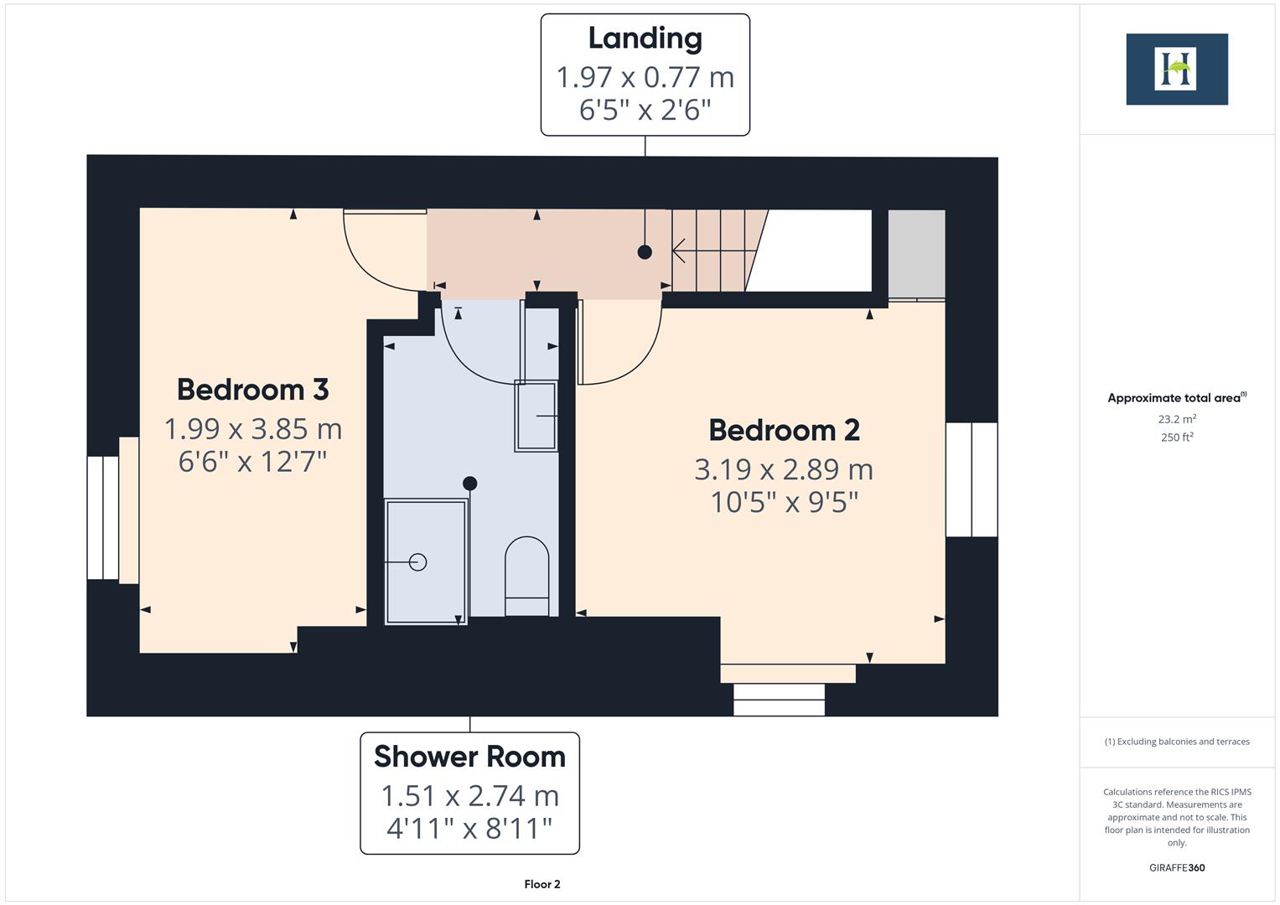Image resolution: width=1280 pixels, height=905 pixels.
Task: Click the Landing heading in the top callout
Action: click(645, 39)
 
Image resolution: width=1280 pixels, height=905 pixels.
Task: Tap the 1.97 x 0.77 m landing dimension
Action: click(645, 77)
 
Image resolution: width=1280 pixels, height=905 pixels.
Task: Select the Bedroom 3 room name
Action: click(252, 390)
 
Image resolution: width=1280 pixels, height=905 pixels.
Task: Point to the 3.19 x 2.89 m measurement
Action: click(784, 469)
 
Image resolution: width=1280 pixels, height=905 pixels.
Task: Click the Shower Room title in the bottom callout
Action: click(469, 757)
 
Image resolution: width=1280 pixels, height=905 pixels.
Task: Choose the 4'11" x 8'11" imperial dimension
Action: click(469, 829)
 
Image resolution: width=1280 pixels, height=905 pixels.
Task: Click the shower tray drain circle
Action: click(417, 562)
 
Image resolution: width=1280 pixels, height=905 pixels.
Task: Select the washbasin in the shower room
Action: click(536, 416)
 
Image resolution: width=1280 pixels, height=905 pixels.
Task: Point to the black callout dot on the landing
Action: click(645, 251)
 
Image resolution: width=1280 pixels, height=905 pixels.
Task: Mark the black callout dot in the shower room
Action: click(470, 484)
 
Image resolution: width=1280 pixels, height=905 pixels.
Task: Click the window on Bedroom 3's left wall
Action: click(103, 518)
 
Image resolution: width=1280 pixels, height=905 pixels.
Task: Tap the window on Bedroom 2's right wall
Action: click(972, 479)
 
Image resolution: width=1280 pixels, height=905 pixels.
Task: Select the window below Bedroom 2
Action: click(779, 699)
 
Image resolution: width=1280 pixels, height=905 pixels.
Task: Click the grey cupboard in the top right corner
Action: click(916, 254)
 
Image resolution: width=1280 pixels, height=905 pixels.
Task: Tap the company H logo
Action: click(1176, 70)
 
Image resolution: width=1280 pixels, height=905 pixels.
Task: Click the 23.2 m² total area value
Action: click(1176, 419)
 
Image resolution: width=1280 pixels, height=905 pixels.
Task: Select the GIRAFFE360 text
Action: click(1176, 867)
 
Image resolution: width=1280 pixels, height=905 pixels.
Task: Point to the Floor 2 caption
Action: click(542, 884)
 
